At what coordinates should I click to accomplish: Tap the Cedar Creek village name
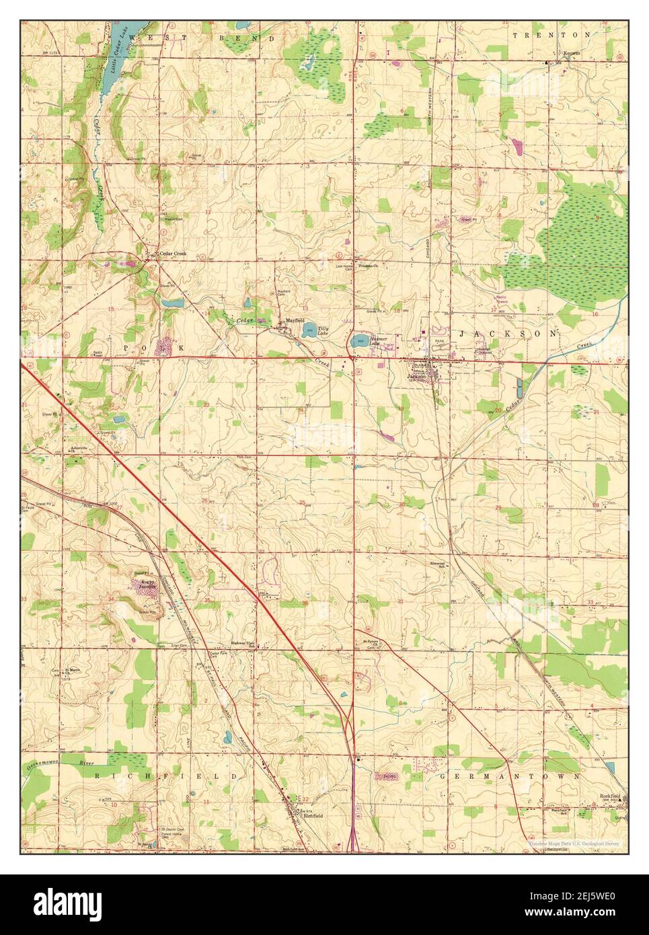coord(171,254)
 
